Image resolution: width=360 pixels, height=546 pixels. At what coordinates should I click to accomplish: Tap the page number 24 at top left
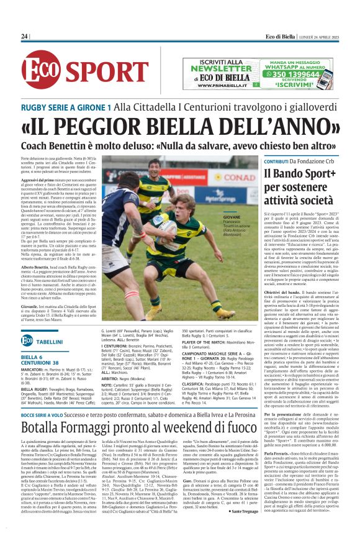(x=25, y=37)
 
